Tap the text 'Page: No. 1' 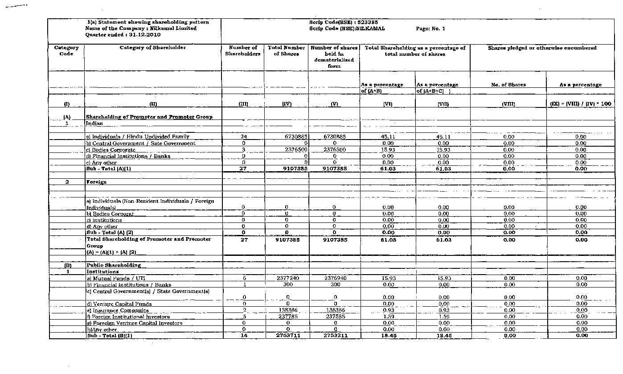[430, 29]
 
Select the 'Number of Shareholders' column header [243, 51]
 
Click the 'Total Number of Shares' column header [287, 51]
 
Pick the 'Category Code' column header [66, 51]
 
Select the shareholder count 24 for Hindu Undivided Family [243, 137]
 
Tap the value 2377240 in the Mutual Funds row [288, 278]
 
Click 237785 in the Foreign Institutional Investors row [288, 316]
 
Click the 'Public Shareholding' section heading [114, 265]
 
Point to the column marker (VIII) [508, 104]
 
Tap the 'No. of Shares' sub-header [508, 85]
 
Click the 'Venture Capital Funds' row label [119, 304]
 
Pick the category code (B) [67, 265]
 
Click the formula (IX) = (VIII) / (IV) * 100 [580, 104]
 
